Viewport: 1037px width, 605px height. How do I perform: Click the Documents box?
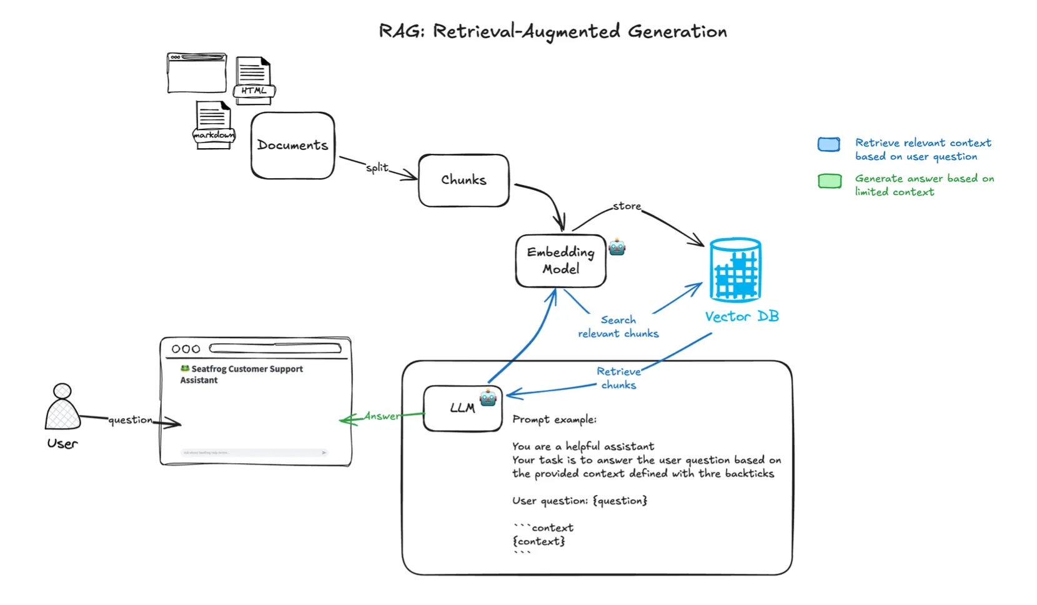(x=292, y=146)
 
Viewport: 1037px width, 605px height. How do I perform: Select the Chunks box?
(x=464, y=180)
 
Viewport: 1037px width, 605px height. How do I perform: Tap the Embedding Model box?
(x=560, y=261)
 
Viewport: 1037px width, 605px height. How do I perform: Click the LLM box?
(x=462, y=408)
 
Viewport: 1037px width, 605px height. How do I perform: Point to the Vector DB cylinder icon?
(x=736, y=270)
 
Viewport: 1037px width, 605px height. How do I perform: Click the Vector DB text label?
(x=742, y=317)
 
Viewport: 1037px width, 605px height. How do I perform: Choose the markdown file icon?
(x=214, y=125)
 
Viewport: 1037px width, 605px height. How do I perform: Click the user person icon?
(x=62, y=407)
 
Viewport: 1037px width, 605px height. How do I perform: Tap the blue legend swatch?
(x=829, y=144)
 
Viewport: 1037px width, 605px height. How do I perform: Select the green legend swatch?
(x=830, y=181)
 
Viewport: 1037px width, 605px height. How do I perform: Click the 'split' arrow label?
(x=377, y=167)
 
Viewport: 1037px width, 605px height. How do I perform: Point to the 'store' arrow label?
(x=627, y=206)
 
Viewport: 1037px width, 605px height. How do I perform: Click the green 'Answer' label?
(x=382, y=416)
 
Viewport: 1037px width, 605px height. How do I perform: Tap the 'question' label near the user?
(x=130, y=420)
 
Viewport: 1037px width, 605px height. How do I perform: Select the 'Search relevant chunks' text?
(x=618, y=327)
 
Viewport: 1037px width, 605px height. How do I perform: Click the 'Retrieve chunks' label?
(x=618, y=378)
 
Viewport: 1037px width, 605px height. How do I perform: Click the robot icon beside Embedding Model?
(x=617, y=247)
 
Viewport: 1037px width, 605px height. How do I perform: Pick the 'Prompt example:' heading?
(x=554, y=419)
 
